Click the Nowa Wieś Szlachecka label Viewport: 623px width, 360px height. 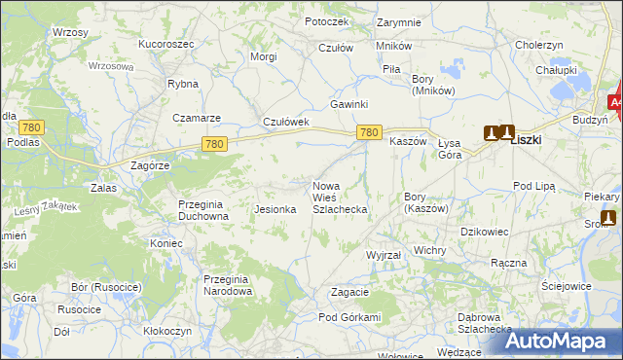(x=339, y=198)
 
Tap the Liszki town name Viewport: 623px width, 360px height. (x=527, y=139)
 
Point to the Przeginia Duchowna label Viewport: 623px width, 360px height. (x=202, y=210)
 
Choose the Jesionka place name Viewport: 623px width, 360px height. (x=275, y=209)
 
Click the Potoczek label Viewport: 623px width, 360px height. (x=326, y=21)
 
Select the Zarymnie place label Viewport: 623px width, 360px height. (x=399, y=21)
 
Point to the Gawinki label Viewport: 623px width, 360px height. (x=348, y=104)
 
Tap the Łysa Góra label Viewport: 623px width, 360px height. (x=450, y=148)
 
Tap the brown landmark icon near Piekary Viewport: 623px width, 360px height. (x=608, y=218)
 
